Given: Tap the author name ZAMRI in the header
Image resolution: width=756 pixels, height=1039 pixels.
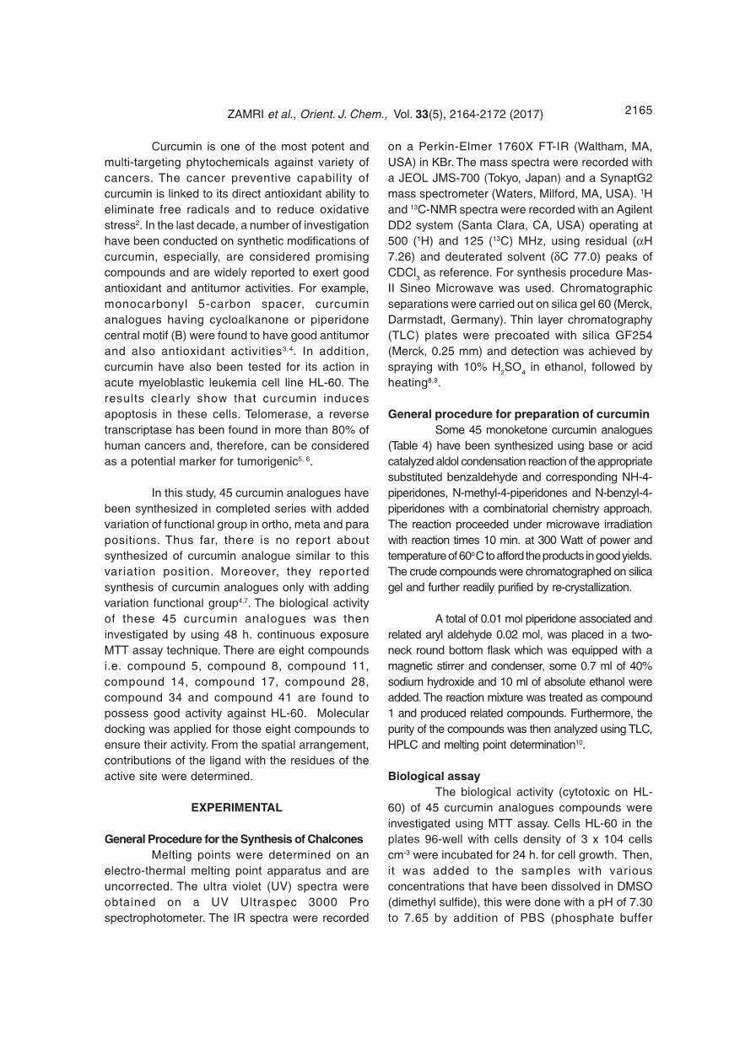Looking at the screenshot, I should (x=246, y=115).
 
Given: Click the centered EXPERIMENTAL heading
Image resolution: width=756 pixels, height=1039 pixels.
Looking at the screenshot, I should (x=236, y=807).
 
